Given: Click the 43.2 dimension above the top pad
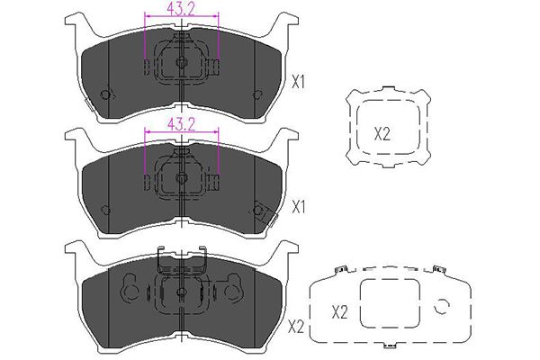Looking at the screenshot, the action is (181, 10).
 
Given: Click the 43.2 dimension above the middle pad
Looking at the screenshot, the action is (181, 124).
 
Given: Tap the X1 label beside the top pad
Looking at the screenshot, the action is (298, 82).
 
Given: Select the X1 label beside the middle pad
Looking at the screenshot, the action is (298, 207).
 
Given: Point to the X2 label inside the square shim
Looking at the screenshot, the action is (382, 134).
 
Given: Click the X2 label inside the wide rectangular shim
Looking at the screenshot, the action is (340, 312).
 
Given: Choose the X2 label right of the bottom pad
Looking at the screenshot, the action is (296, 327).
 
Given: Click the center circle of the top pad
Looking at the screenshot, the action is (181, 62).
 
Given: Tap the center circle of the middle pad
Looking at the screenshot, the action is (181, 178).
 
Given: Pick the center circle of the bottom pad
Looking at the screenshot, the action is (181, 292).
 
